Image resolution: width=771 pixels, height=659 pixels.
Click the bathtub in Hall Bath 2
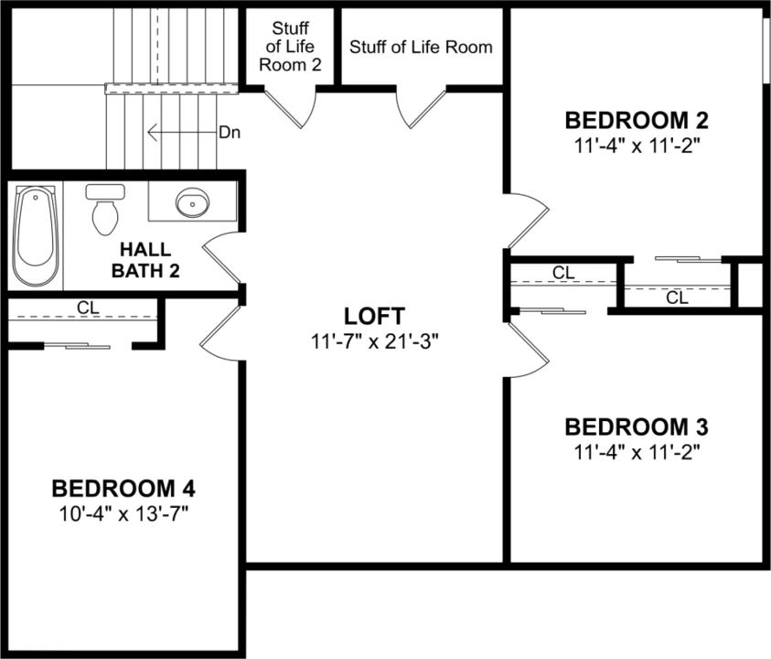click(x=36, y=236)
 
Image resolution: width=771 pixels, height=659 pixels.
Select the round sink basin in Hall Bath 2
click(x=193, y=203)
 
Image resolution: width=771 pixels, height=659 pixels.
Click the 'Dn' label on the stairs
click(x=229, y=133)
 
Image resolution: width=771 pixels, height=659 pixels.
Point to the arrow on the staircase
click(x=179, y=133)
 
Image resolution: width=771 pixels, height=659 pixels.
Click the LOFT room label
click(x=374, y=317)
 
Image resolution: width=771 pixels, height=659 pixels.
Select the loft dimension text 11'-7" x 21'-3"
click(x=374, y=341)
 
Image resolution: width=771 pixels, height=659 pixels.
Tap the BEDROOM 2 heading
click(x=637, y=120)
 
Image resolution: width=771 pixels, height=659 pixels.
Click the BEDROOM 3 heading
click(x=637, y=427)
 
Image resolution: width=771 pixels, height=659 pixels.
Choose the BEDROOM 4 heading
click(x=123, y=487)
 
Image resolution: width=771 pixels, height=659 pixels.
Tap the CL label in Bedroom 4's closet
click(x=88, y=308)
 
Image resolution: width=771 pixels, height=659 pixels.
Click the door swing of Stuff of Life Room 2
click(x=297, y=105)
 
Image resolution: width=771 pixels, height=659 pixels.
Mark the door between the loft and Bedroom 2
click(x=525, y=220)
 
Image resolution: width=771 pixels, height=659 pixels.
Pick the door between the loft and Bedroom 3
click(x=526, y=351)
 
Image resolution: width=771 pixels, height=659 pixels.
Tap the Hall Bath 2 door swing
click(x=221, y=255)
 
